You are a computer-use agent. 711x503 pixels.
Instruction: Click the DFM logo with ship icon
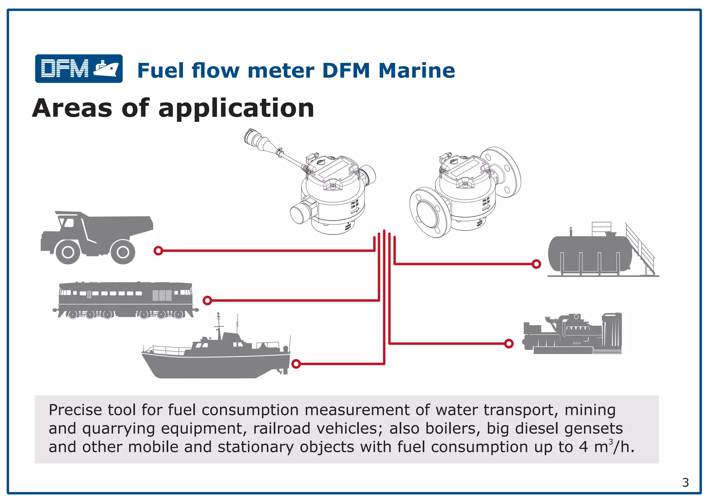79,68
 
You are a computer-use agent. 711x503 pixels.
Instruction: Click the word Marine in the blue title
416,71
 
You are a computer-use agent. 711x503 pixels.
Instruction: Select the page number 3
685,483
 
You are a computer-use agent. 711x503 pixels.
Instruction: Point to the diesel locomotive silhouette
125,299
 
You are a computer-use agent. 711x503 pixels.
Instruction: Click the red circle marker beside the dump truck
158,250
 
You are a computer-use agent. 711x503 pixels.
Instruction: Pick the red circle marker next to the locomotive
207,300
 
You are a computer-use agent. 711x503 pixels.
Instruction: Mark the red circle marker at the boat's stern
296,364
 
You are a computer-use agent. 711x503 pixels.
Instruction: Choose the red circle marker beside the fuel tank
536,264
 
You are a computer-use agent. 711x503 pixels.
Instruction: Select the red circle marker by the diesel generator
509,344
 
